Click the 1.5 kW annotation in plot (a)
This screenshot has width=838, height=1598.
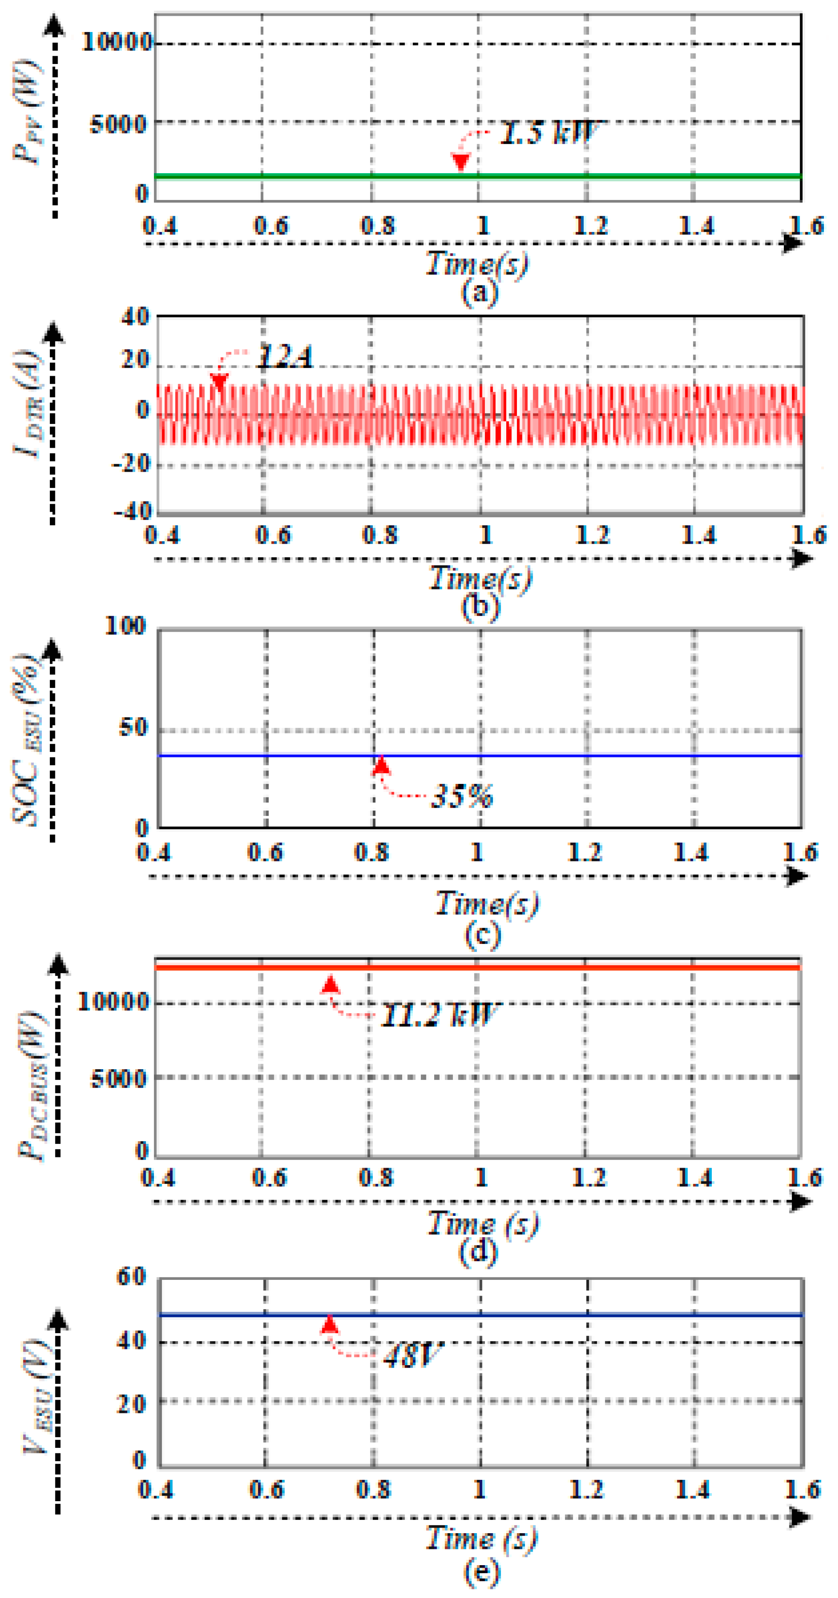point(549,132)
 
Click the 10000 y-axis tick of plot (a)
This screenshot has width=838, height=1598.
point(116,42)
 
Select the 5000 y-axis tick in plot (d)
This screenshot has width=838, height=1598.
point(119,1079)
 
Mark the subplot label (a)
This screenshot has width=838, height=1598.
point(479,292)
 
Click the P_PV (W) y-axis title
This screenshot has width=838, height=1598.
point(28,112)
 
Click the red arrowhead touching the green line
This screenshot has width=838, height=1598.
point(460,162)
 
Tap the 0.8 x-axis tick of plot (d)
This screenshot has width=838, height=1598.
point(376,1177)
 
